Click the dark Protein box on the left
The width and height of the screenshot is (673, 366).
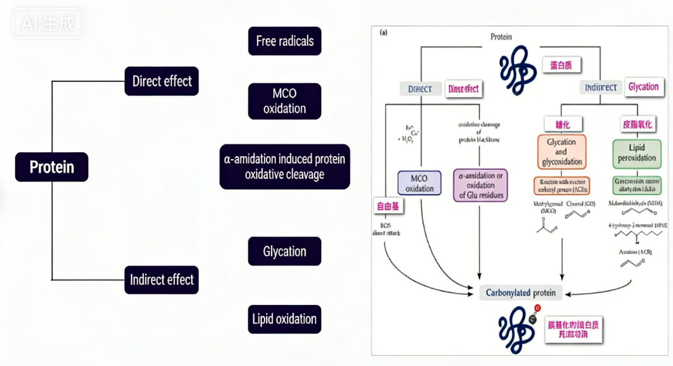(x=52, y=167)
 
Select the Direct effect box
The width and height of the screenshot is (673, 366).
(x=162, y=81)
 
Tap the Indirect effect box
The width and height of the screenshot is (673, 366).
(x=162, y=279)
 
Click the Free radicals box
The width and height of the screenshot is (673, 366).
(x=284, y=41)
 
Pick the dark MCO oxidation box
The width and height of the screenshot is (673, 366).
(x=284, y=101)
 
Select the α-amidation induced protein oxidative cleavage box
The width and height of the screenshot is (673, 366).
(x=284, y=166)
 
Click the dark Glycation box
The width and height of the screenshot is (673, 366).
(x=284, y=251)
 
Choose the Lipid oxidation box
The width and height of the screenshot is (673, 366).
(x=284, y=319)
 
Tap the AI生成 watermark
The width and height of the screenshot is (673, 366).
(x=48, y=24)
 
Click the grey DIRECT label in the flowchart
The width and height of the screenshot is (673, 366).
(x=420, y=89)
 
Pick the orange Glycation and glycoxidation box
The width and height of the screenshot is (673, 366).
(x=560, y=153)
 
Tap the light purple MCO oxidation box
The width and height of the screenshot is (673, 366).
(x=419, y=183)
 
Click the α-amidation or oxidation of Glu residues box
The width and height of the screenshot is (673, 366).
(x=480, y=185)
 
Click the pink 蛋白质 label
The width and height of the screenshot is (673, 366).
(x=561, y=66)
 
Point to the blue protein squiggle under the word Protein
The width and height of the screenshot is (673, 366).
(x=518, y=70)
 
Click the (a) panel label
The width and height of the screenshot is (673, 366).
(x=384, y=32)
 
